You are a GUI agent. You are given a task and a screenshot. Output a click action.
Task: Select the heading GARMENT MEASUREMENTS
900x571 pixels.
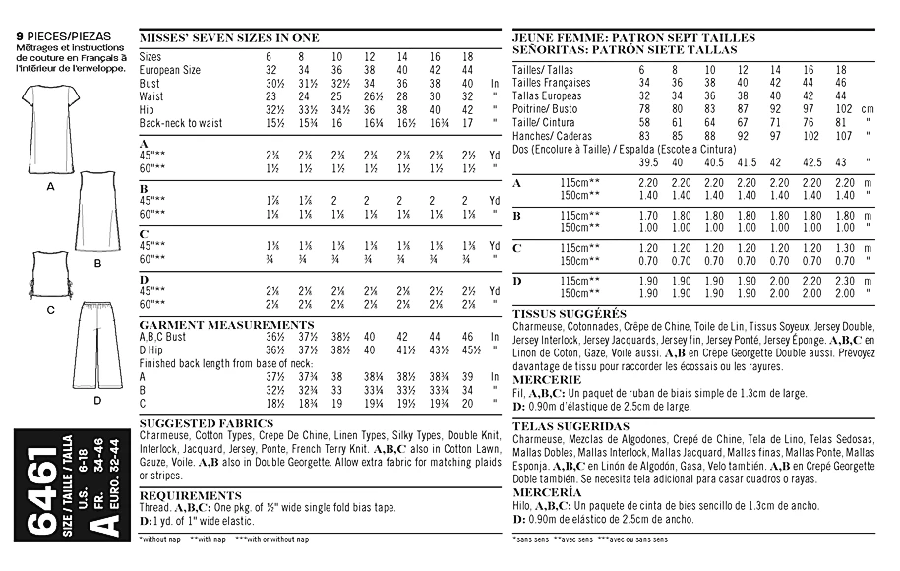226,324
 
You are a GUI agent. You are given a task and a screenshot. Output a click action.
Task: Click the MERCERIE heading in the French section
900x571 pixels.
546,379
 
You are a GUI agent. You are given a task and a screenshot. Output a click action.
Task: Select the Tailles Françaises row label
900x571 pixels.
552,83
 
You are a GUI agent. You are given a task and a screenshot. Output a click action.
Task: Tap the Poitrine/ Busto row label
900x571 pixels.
546,109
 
